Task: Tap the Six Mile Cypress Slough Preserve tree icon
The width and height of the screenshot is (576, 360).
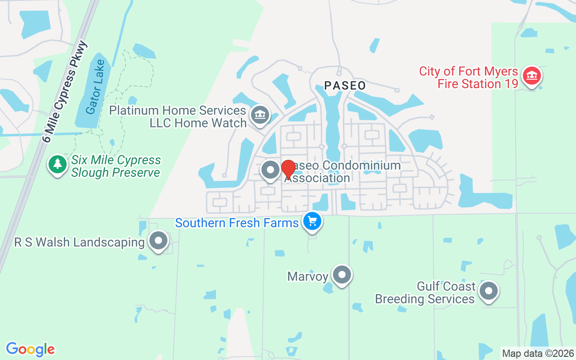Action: pyautogui.click(x=57, y=164)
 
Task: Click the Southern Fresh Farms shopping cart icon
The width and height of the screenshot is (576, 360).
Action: pyautogui.click(x=312, y=221)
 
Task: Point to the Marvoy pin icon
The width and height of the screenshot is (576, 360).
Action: pyautogui.click(x=342, y=274)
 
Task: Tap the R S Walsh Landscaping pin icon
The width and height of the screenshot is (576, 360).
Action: pyautogui.click(x=158, y=241)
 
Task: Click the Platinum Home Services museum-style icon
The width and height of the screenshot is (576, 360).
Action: pyautogui.click(x=260, y=115)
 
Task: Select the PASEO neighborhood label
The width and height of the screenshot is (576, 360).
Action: pyautogui.click(x=345, y=85)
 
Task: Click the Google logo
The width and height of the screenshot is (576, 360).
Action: pyautogui.click(x=30, y=349)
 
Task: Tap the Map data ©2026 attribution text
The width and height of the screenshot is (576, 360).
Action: pyautogui.click(x=538, y=353)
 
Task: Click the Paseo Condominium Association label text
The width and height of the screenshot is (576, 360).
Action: pyautogui.click(x=342, y=172)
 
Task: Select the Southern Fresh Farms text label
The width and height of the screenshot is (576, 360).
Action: pyautogui.click(x=237, y=223)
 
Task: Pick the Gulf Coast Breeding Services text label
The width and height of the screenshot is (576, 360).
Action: pyautogui.click(x=425, y=292)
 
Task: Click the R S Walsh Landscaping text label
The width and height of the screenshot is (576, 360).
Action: pyautogui.click(x=79, y=242)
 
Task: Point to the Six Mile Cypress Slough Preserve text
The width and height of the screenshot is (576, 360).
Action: pyautogui.click(x=116, y=166)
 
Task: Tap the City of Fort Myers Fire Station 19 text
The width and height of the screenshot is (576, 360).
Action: pyautogui.click(x=468, y=77)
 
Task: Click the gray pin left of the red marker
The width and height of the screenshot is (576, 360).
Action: pyautogui.click(x=270, y=170)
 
